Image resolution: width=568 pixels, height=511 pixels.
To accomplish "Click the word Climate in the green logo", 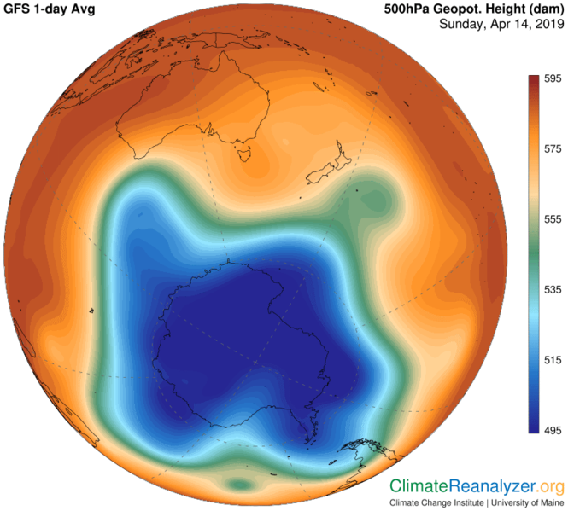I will (419, 486).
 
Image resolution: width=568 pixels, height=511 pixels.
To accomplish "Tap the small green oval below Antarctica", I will (242, 485).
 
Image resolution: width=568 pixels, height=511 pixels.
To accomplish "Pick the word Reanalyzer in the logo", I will (494, 486).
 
